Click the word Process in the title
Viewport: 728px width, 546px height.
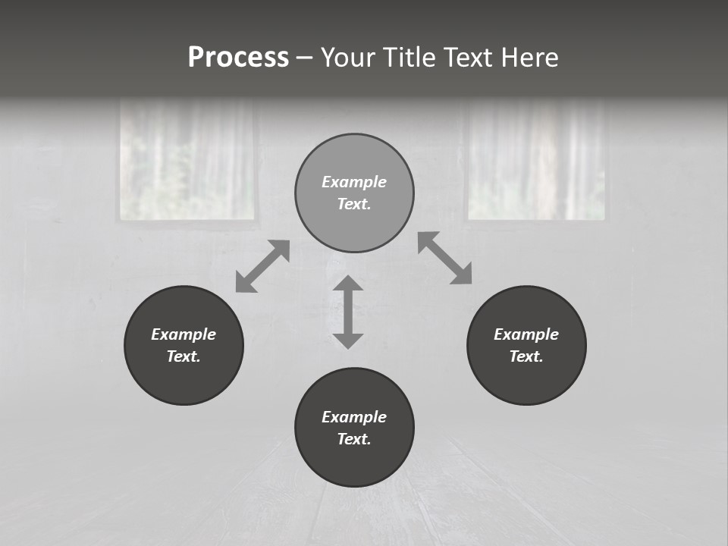click(238, 58)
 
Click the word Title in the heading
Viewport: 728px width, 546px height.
click(409, 58)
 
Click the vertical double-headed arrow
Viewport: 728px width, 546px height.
click(348, 312)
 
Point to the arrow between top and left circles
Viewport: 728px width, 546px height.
click(262, 266)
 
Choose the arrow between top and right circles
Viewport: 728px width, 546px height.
click(444, 258)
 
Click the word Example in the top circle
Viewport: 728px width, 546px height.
click(354, 182)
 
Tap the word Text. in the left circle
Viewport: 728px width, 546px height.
click(184, 356)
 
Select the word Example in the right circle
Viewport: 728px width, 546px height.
click(526, 334)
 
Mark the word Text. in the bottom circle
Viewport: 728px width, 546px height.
click(354, 439)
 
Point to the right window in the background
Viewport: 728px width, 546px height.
click(537, 161)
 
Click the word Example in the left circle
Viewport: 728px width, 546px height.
click(184, 334)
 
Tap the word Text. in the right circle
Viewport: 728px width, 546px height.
click(526, 356)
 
